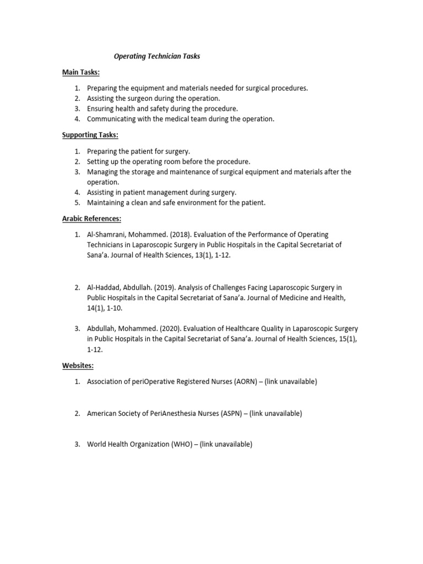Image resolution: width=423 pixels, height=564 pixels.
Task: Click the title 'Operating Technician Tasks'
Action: (x=156, y=57)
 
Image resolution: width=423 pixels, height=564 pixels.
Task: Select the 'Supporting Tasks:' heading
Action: (x=90, y=135)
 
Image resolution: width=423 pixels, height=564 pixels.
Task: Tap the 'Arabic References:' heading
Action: (x=91, y=219)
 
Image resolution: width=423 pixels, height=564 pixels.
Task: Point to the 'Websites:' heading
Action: (x=77, y=365)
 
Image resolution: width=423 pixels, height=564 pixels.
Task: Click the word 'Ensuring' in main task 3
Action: (x=101, y=109)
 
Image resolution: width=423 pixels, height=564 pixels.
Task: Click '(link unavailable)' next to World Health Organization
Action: (x=226, y=444)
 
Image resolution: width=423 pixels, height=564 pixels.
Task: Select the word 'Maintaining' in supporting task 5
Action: (x=106, y=203)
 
